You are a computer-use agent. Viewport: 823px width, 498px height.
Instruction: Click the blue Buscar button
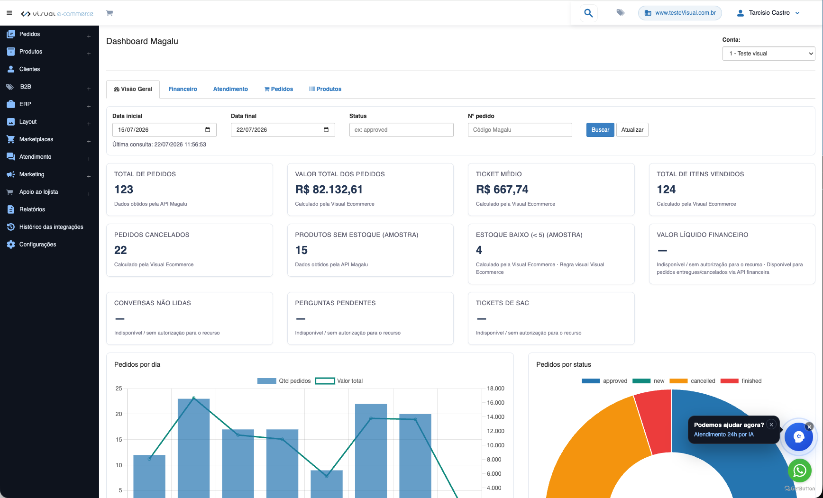(x=600, y=130)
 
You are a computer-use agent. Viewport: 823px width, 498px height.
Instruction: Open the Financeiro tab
(x=183, y=89)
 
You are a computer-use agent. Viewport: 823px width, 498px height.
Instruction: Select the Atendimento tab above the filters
(x=230, y=89)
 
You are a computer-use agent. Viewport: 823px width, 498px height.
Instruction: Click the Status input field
(x=401, y=130)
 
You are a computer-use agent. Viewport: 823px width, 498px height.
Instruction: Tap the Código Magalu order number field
(x=520, y=130)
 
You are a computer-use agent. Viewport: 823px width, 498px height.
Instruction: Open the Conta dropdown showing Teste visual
(x=768, y=54)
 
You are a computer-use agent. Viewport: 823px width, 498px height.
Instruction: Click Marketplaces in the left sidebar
(x=36, y=139)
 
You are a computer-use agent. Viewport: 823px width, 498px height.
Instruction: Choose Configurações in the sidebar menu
(x=37, y=244)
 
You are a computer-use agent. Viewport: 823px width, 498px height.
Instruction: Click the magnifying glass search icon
(x=588, y=13)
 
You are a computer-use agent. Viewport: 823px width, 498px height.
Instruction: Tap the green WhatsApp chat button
(x=799, y=471)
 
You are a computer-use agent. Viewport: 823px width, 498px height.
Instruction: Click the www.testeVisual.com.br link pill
(x=680, y=13)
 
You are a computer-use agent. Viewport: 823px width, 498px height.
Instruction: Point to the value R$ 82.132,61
(x=329, y=190)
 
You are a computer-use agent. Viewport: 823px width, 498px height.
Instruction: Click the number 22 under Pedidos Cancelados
(x=120, y=250)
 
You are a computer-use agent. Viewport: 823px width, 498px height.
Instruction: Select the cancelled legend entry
(x=692, y=381)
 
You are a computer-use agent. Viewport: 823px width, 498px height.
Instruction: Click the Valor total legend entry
(x=339, y=381)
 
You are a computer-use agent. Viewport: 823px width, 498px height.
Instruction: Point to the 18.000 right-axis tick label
(x=495, y=389)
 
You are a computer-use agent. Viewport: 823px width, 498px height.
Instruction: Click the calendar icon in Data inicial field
(x=208, y=130)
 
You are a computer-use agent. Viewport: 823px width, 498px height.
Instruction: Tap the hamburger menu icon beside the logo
(x=9, y=13)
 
